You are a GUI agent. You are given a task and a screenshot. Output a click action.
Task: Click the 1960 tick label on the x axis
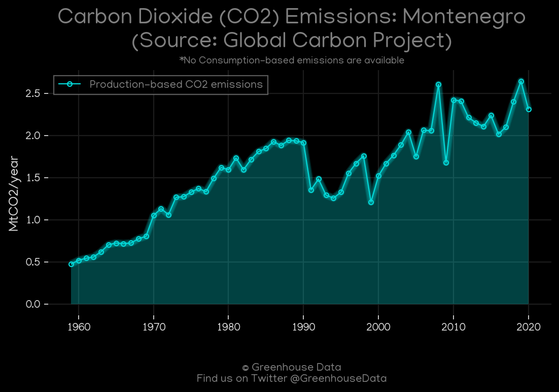tap(79, 326)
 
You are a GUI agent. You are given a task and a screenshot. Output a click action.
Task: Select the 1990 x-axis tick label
tap(303, 326)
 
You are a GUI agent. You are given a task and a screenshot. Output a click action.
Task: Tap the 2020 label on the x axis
tap(529, 326)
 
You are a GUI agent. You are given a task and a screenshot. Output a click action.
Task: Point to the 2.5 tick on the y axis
tap(32, 93)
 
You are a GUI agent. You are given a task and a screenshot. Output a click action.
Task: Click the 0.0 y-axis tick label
tap(33, 304)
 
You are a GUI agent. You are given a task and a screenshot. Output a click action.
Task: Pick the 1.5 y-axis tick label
tap(32, 178)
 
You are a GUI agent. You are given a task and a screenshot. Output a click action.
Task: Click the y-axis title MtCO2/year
tap(14, 193)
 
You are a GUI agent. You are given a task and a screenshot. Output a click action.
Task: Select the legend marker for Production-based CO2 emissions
tap(69, 84)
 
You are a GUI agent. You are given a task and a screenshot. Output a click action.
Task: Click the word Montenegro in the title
tap(464, 17)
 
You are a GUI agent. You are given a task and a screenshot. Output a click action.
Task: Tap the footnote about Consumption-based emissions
tap(292, 60)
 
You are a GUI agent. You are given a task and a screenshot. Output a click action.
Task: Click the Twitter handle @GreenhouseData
tap(338, 378)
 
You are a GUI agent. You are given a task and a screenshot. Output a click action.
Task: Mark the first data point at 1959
tap(72, 264)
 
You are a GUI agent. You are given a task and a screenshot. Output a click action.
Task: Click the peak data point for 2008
tap(438, 85)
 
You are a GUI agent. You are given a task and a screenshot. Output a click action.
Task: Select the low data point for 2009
tap(446, 163)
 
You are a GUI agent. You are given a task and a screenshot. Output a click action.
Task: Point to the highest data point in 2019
tap(521, 81)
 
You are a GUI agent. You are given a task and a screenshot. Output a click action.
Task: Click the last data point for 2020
tap(529, 109)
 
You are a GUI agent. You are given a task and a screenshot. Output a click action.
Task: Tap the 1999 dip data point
tap(371, 203)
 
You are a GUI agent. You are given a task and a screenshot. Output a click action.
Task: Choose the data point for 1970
tap(154, 216)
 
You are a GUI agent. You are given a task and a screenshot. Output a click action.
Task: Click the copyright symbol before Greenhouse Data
tap(246, 368)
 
